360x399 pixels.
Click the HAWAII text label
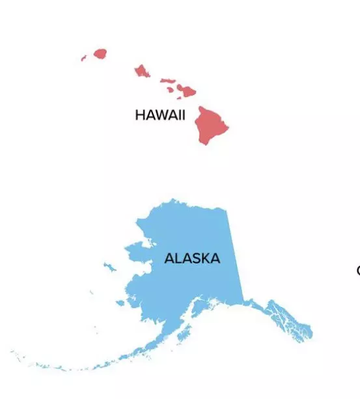point(160,115)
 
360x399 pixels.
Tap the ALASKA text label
point(192,258)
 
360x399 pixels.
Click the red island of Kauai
point(100,53)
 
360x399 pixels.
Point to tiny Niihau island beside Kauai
point(83,59)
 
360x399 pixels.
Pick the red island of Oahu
point(142,70)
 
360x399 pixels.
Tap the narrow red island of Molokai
point(167,81)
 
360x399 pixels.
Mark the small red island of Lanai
point(170,88)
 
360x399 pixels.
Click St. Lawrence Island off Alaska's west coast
point(108,266)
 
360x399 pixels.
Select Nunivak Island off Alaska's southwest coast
point(120,302)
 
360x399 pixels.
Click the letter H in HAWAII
point(139,115)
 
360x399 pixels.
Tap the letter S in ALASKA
point(195,258)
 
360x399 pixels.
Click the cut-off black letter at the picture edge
point(357,270)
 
